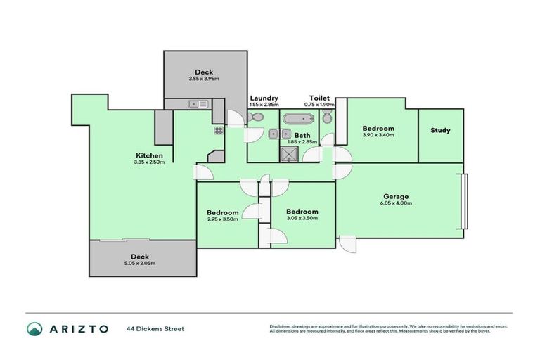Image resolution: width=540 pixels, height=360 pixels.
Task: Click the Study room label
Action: click(x=440, y=130)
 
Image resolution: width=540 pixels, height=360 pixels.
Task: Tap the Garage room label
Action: click(x=396, y=196)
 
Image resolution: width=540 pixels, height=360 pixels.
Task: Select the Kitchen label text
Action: click(x=149, y=155)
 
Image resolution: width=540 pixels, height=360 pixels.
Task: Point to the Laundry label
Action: click(x=264, y=98)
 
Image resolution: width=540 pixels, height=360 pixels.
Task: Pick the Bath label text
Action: click(x=302, y=135)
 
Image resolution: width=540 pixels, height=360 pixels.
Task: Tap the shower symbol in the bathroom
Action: click(x=290, y=153)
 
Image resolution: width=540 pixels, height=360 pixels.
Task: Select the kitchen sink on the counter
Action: click(x=198, y=104)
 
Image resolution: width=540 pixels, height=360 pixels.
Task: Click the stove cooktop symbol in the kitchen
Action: click(x=219, y=130)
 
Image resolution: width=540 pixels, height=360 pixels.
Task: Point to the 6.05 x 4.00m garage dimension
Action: click(x=396, y=203)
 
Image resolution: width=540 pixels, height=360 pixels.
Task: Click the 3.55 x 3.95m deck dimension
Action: click(x=205, y=79)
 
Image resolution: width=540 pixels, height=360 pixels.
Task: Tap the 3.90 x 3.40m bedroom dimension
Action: click(x=378, y=135)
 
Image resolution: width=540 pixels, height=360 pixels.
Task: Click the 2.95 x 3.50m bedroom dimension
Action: click(x=222, y=219)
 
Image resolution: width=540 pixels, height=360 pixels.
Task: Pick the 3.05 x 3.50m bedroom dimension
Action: click(x=302, y=218)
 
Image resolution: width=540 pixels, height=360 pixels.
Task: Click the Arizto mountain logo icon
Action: click(x=34, y=328)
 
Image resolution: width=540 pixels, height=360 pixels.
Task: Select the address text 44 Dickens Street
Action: click(x=155, y=328)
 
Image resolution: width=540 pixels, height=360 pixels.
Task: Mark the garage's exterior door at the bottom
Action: click(x=347, y=243)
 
